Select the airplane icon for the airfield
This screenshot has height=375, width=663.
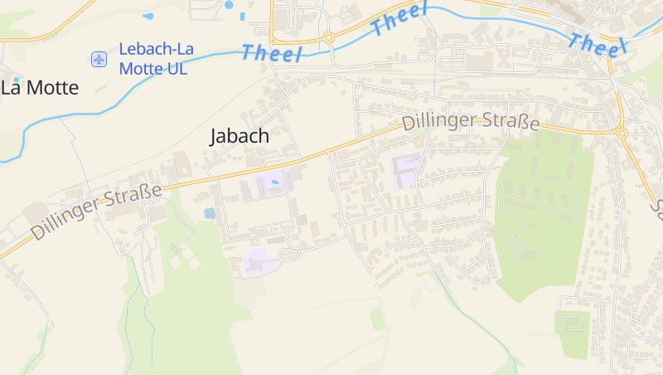point(99,59)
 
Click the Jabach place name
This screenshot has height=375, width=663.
point(240,136)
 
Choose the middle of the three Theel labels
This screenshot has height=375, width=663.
point(399,19)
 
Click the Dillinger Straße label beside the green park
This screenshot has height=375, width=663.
point(471,122)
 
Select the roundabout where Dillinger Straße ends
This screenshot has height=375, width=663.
point(622,133)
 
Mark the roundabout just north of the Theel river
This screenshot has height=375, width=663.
point(328,37)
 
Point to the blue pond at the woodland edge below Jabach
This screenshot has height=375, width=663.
point(210,213)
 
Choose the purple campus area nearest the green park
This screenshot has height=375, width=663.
point(406,169)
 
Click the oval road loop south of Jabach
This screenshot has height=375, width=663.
point(294,253)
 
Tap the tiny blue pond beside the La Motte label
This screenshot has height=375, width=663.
point(16,80)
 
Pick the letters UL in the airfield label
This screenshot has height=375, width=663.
point(177,68)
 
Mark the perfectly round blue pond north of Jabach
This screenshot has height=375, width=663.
point(229,5)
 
